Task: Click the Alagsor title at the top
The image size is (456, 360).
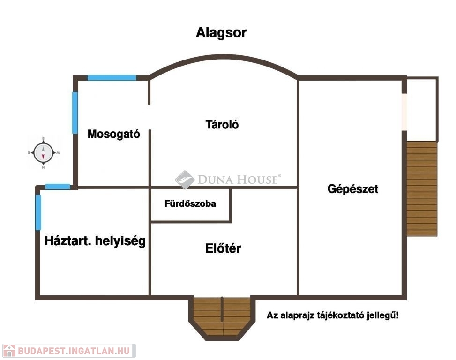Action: (x=221, y=33)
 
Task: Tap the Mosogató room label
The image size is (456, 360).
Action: (x=114, y=134)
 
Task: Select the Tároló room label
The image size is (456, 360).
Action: (x=222, y=125)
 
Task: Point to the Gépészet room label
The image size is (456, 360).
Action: (x=353, y=189)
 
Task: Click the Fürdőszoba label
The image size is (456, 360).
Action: (x=190, y=204)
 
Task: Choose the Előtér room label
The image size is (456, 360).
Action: (x=223, y=248)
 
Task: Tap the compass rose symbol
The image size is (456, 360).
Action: (x=43, y=152)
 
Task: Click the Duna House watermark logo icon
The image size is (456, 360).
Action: (x=185, y=180)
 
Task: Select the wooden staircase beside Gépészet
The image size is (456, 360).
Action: (x=422, y=187)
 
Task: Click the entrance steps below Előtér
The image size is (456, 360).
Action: (x=222, y=316)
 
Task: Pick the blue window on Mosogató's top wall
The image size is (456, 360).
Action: (x=112, y=77)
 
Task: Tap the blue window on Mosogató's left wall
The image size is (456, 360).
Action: (x=75, y=112)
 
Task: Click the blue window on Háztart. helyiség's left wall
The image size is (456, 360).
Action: (x=38, y=212)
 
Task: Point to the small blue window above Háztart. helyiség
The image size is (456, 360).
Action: (x=58, y=187)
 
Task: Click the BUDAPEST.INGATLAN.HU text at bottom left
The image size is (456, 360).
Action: (x=75, y=351)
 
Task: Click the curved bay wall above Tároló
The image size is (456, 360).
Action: (x=224, y=58)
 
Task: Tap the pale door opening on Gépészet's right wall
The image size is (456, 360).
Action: (x=404, y=112)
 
